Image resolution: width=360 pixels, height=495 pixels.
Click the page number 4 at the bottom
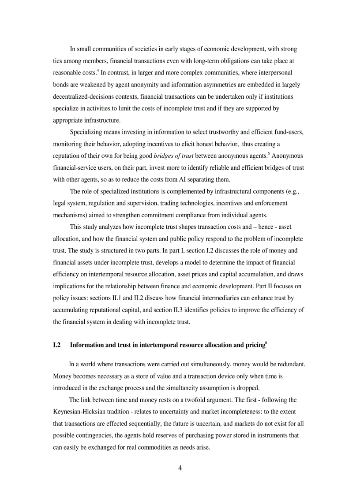coord(180,468)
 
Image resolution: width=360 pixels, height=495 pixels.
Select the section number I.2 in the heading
coord(56,345)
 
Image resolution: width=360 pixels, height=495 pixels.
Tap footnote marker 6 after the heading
coord(266,342)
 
